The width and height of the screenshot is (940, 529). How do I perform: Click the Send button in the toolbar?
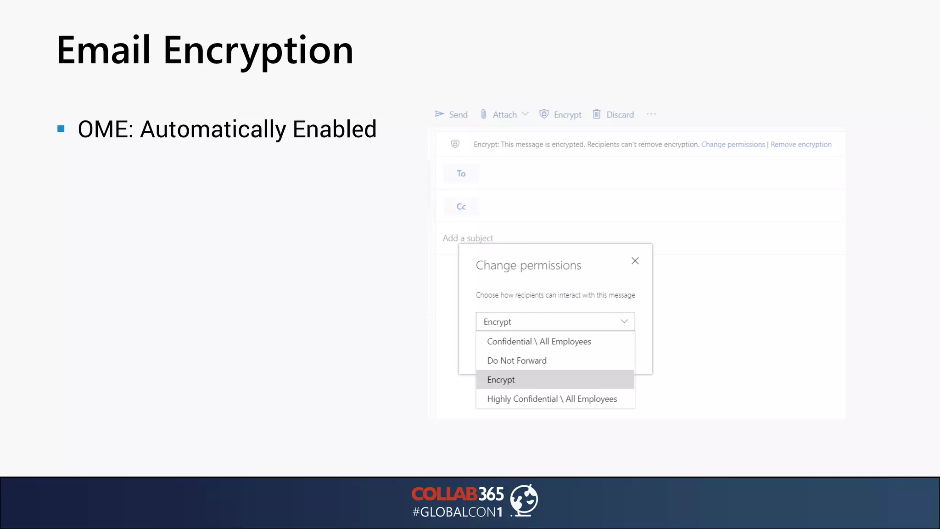[452, 114]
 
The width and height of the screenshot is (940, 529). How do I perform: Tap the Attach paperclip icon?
[483, 114]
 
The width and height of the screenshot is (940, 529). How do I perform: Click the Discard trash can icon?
[597, 114]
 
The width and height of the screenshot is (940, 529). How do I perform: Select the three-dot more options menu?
[651, 114]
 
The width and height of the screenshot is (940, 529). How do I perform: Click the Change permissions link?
[733, 144]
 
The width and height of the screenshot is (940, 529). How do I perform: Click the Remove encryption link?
[801, 144]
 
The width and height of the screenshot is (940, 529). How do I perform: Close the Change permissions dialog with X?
[635, 261]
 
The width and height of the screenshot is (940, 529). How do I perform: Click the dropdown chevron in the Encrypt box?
[624, 321]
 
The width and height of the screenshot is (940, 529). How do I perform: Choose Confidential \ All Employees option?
[539, 341]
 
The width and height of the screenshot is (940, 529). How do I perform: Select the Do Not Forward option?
[517, 360]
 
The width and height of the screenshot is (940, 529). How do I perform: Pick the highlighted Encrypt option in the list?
[501, 380]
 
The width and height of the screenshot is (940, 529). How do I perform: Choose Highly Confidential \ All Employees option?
[552, 399]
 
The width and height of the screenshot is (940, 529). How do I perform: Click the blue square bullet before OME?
[61, 129]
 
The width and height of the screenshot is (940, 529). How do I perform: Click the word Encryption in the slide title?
[258, 51]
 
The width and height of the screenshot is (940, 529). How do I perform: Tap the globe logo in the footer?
[524, 500]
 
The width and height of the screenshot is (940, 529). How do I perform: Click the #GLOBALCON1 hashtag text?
[458, 512]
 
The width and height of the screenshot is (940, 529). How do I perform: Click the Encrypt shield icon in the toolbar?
[544, 114]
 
